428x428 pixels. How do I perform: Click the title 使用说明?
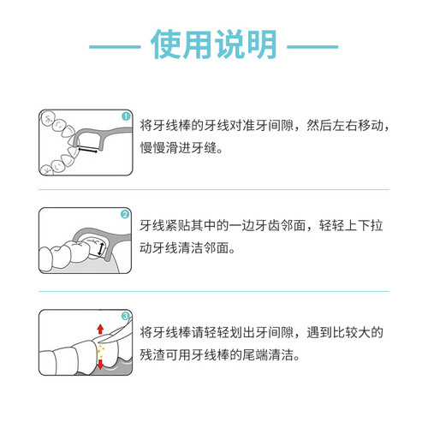tap(214, 45)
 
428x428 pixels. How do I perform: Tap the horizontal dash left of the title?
tap(115, 46)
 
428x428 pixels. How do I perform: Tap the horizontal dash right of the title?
tap(312, 46)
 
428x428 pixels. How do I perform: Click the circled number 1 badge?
tap(126, 116)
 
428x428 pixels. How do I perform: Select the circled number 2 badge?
tap(125, 214)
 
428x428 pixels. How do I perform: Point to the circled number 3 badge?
tap(126, 316)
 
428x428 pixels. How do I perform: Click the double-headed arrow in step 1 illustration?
tap(88, 149)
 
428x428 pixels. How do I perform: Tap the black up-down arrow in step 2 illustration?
tap(100, 249)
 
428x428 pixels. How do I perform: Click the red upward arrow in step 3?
tap(100, 329)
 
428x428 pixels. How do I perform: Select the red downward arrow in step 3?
tap(100, 365)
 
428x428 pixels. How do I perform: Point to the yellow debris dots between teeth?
tap(100, 351)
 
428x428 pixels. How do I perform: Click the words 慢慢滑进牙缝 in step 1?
tap(178, 148)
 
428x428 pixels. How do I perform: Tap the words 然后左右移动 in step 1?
tap(344, 126)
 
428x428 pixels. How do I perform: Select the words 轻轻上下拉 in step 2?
tap(351, 225)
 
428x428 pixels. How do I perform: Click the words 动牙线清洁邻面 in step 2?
tap(185, 247)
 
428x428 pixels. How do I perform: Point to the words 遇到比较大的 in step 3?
tap(345, 332)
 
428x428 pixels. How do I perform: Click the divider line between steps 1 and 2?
tap(214, 189)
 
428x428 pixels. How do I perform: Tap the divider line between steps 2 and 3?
tap(214, 291)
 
